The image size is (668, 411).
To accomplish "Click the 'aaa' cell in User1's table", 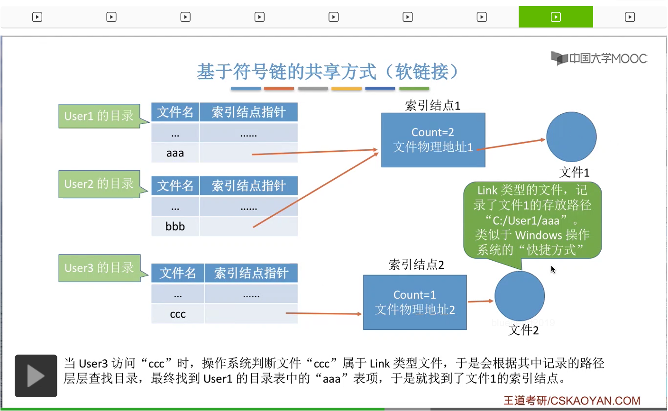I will coord(175,153).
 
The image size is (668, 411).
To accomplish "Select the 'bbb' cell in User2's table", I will coord(175,227).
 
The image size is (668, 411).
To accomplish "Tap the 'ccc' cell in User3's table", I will coord(178,314).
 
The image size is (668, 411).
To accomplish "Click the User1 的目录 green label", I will coord(99,116).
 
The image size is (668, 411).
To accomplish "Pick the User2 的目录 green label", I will coord(99,184).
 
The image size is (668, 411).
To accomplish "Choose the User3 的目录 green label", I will coord(99,268).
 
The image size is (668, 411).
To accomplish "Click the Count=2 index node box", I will coord(433,140).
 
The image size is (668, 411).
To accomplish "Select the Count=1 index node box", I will coord(415,302).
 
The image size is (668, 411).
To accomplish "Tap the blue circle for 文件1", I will coord(571,137).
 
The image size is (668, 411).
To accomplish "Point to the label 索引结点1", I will coord(432,105).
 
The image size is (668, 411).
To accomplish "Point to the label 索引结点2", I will coord(416,265).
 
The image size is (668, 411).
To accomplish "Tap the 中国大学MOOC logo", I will coord(599,59).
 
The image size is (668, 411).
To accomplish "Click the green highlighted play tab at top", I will coord(556,17).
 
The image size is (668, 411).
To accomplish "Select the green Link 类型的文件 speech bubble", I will coord(532,220).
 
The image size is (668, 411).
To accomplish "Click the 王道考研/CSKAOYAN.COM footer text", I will coord(572,401).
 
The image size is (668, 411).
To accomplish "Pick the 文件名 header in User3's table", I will coord(178,273).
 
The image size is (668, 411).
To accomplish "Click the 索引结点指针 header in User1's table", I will coord(248,112).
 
